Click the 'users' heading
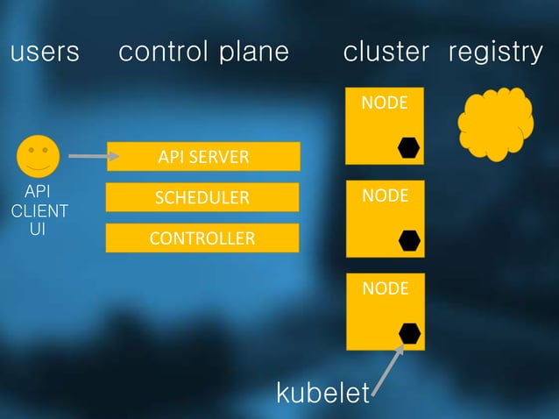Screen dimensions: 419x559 point(45,53)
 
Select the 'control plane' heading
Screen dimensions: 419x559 point(203,53)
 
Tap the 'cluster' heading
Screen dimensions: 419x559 point(386,53)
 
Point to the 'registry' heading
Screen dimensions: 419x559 point(496,53)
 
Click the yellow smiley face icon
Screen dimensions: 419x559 point(38,157)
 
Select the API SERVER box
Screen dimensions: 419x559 point(203,158)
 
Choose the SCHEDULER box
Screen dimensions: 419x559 point(202,197)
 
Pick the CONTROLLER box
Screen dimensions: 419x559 point(202,238)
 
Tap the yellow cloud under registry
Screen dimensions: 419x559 point(495,124)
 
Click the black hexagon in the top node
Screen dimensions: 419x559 point(408,147)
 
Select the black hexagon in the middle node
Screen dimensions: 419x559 point(408,240)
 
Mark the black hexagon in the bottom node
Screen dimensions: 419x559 point(409,333)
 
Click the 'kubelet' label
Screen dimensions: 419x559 point(323,394)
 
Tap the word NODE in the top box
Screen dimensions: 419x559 point(385,103)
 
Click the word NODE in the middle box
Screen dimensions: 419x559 point(385,195)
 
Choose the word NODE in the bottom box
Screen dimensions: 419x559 point(385,288)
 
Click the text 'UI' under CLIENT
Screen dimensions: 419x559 point(38,230)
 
